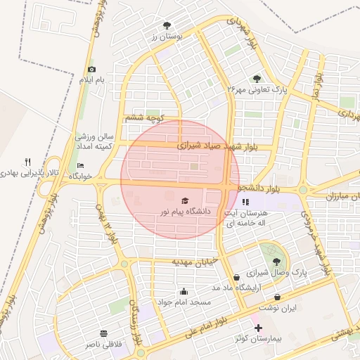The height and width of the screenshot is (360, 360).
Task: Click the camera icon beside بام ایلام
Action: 91,69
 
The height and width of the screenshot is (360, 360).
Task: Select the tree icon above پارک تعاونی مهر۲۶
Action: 256,78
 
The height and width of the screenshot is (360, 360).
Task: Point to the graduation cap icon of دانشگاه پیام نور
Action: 185,200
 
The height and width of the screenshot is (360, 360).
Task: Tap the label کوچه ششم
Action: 145,118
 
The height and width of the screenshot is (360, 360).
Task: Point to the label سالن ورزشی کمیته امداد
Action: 95,139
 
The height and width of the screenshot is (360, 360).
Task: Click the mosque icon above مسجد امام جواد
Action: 184,291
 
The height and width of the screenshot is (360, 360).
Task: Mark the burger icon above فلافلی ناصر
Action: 104,333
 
